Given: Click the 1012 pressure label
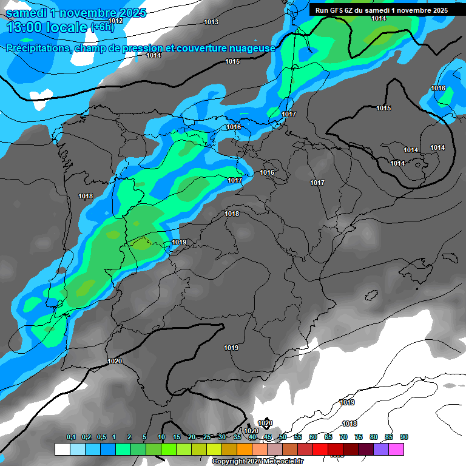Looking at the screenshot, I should [x=115, y=21].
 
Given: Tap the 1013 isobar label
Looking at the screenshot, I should [x=211, y=22].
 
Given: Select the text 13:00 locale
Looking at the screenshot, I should [x=47, y=27].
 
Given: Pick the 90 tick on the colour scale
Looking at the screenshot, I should [x=404, y=437].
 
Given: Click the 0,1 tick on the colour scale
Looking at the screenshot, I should [x=71, y=437].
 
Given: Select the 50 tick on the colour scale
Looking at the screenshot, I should [x=283, y=437].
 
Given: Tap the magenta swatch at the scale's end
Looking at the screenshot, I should [x=396, y=449].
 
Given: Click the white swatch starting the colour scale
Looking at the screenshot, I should [x=62, y=449].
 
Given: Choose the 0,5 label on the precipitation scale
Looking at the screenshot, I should [x=101, y=437].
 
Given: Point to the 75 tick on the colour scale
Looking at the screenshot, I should [x=359, y=437].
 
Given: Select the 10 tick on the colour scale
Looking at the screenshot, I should [x=161, y=437].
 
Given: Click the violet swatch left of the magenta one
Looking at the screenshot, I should [x=381, y=449].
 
